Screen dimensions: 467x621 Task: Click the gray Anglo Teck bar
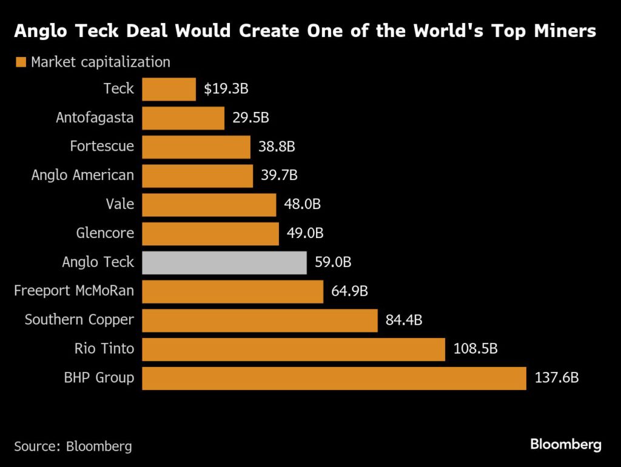tap(224, 263)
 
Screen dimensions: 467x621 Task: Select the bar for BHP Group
tap(334, 378)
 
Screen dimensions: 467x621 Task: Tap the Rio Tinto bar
tap(294, 349)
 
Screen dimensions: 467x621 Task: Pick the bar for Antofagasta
tap(183, 118)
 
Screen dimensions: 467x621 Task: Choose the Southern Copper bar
tap(260, 320)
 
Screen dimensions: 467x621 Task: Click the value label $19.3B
tap(226, 89)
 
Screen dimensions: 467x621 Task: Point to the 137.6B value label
tap(557, 378)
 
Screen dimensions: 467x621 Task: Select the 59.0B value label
tap(333, 263)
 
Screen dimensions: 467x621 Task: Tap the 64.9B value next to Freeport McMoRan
tap(349, 292)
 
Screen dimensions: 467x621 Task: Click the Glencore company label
tap(105, 233)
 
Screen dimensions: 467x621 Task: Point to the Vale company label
tap(119, 204)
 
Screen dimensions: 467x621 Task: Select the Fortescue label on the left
tap(102, 147)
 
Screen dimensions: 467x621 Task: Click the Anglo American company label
tap(82, 176)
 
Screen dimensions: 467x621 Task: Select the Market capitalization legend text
tap(101, 62)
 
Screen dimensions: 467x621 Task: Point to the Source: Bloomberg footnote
tap(73, 446)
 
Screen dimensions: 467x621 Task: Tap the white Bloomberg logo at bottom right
tap(566, 445)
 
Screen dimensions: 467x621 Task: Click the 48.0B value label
tap(302, 204)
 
